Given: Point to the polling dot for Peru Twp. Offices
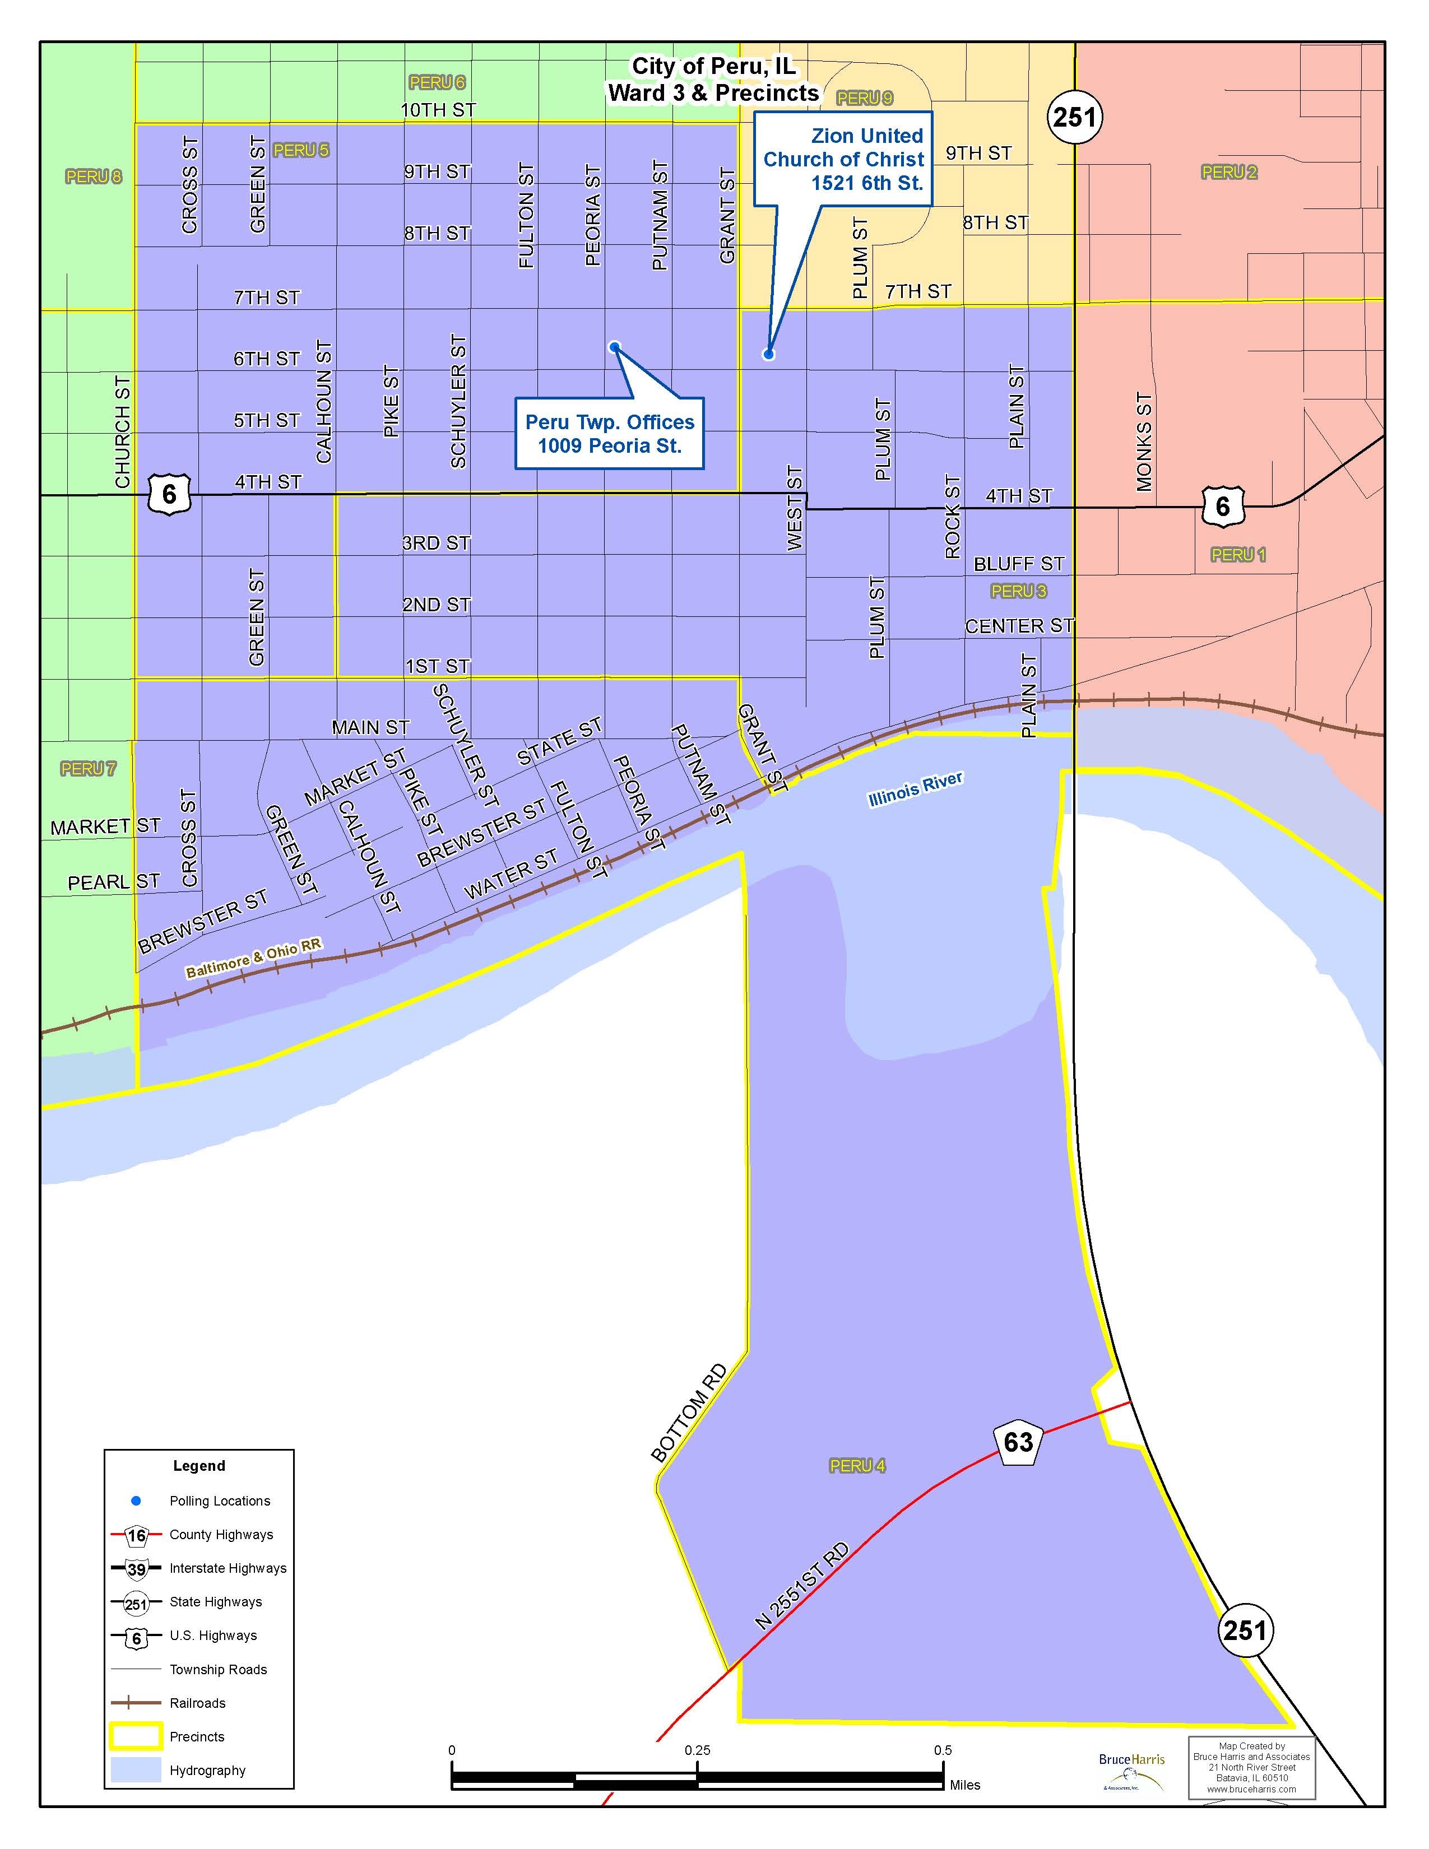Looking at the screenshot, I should tap(614, 345).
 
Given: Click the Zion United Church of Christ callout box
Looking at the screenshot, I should tap(843, 159).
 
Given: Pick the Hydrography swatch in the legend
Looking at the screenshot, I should tap(136, 1770).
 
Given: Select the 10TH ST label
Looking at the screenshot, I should tap(438, 109).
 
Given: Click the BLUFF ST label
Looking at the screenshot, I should tap(1018, 563).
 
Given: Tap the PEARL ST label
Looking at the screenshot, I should tap(113, 882).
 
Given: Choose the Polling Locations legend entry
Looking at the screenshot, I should tap(219, 1500).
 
